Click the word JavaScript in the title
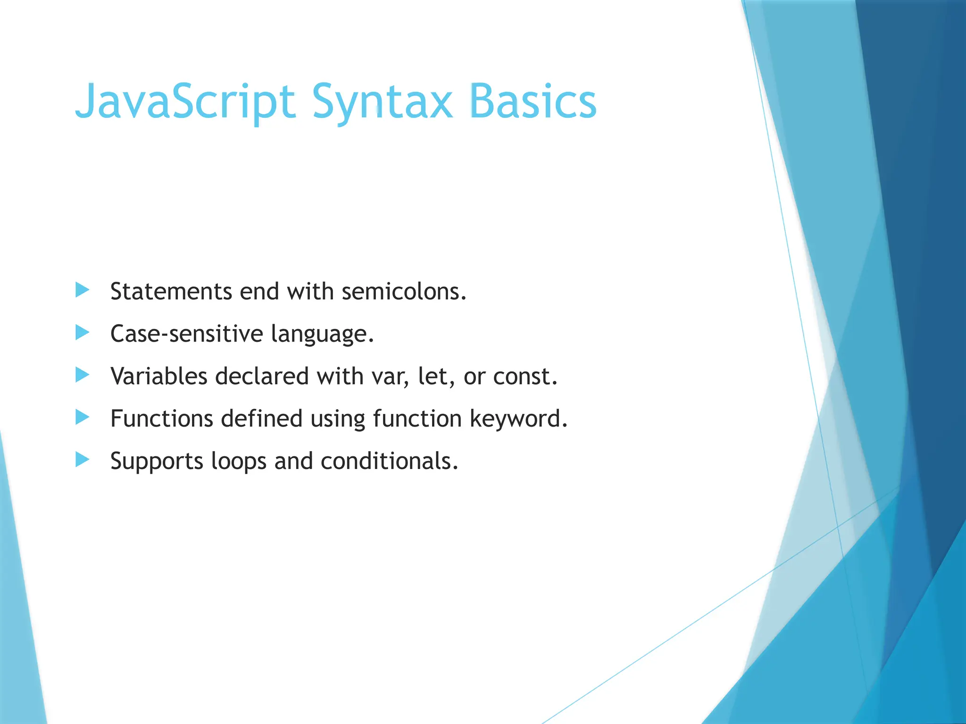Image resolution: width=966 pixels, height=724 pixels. click(x=185, y=102)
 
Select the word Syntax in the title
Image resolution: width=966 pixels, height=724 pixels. click(x=382, y=102)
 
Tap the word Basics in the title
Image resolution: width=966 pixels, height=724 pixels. click(x=533, y=102)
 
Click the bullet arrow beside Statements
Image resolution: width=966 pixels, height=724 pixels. click(x=82, y=290)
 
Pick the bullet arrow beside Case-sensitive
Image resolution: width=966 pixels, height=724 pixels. click(x=82, y=332)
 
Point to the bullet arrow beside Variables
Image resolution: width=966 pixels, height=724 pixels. click(x=82, y=375)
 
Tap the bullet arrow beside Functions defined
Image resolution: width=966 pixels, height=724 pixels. click(x=82, y=417)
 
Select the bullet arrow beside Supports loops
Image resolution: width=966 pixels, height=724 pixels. click(x=82, y=459)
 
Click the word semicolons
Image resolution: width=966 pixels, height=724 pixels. click(x=404, y=291)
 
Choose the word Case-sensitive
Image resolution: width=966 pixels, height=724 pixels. click(x=186, y=334)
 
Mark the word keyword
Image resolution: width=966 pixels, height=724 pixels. click(x=518, y=419)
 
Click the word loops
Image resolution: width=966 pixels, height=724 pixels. click(x=239, y=461)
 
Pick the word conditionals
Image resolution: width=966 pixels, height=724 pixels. click(x=389, y=461)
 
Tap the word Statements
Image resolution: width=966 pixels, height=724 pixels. click(x=171, y=291)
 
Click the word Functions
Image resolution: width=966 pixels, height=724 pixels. click(x=161, y=419)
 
